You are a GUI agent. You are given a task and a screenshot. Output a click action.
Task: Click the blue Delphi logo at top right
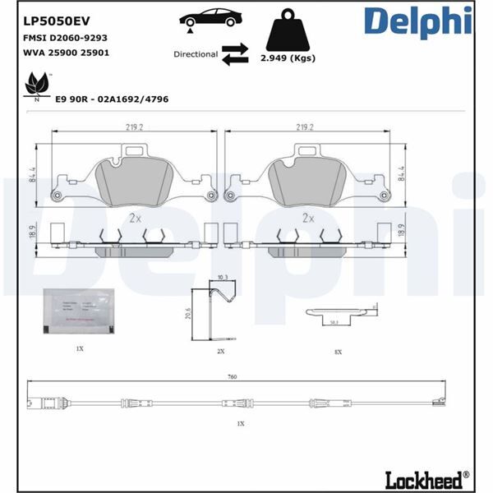point(416,22)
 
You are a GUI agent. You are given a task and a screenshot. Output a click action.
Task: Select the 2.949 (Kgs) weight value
point(288,58)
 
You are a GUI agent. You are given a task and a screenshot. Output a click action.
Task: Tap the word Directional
point(196,54)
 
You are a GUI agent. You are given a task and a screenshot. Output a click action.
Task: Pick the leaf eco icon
point(37,84)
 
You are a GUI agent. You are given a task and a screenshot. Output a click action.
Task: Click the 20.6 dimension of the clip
point(188,313)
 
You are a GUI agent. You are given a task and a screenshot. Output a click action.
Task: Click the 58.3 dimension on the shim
point(334,324)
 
